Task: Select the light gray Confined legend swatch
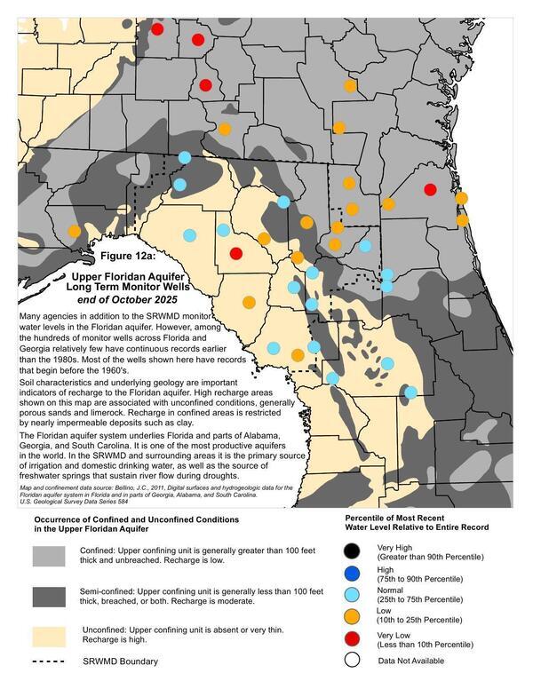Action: (51, 556)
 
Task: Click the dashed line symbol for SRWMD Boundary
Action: (51, 662)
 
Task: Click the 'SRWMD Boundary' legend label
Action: (122, 662)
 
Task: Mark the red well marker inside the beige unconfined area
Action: (235, 253)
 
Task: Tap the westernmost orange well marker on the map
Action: (74, 231)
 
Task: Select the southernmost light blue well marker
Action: (410, 392)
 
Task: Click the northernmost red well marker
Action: (157, 29)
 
